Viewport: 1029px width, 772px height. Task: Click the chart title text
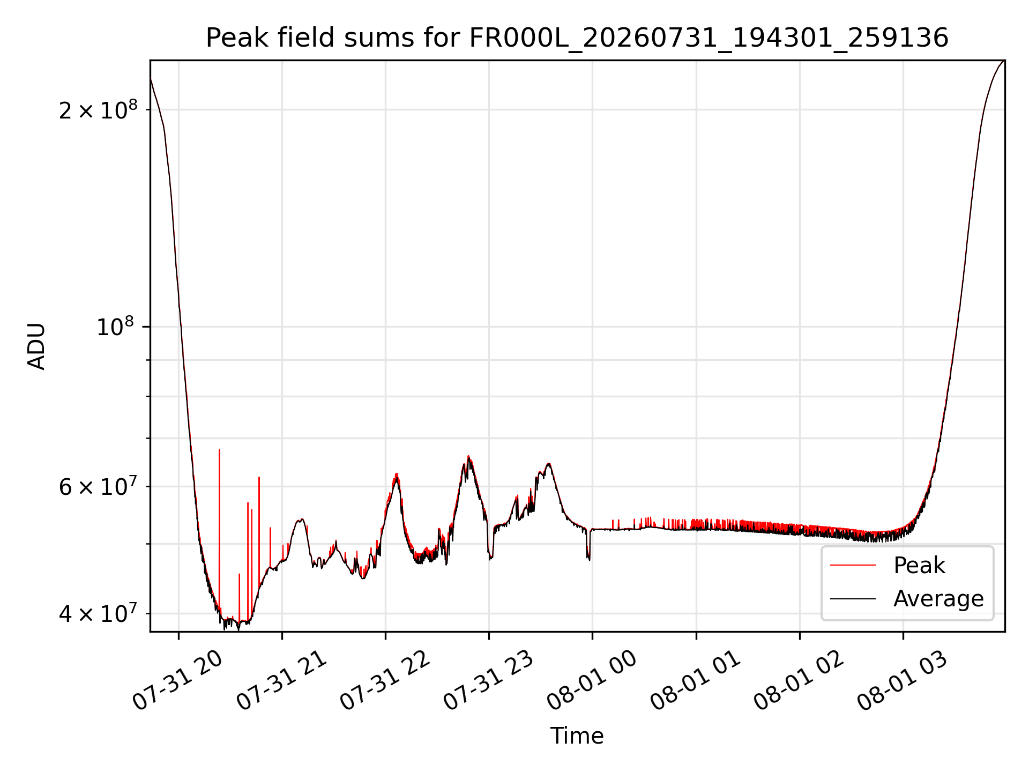577,38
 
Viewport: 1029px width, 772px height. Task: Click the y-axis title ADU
36,346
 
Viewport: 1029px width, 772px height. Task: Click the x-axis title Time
577,736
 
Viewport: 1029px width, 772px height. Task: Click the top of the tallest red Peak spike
219,450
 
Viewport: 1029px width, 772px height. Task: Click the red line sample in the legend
853,566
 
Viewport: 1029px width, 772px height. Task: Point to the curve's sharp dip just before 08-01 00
588,559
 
